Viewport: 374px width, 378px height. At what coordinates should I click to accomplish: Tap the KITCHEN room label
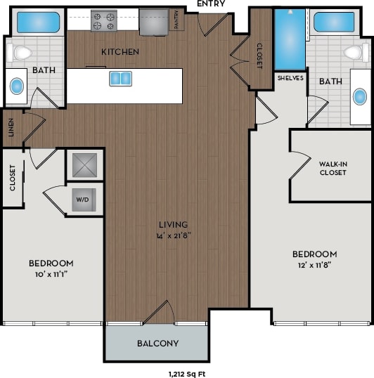pos(120,52)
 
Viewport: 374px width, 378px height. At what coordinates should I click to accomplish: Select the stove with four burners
pos(103,20)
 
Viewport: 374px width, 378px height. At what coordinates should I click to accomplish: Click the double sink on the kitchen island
pos(120,78)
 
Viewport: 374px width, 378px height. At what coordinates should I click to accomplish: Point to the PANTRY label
pos(175,22)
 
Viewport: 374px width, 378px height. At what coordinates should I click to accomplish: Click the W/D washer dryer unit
pos(83,199)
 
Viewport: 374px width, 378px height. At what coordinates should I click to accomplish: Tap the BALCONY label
pos(157,344)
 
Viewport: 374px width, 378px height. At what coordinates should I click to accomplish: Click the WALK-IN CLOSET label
pos(333,167)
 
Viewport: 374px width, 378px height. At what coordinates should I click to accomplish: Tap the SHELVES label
pos(290,78)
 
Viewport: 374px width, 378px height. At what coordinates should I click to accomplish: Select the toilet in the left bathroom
pos(22,52)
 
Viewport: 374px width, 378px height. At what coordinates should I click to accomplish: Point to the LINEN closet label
pos(10,129)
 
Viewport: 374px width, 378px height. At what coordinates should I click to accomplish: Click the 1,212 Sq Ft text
pos(187,373)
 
